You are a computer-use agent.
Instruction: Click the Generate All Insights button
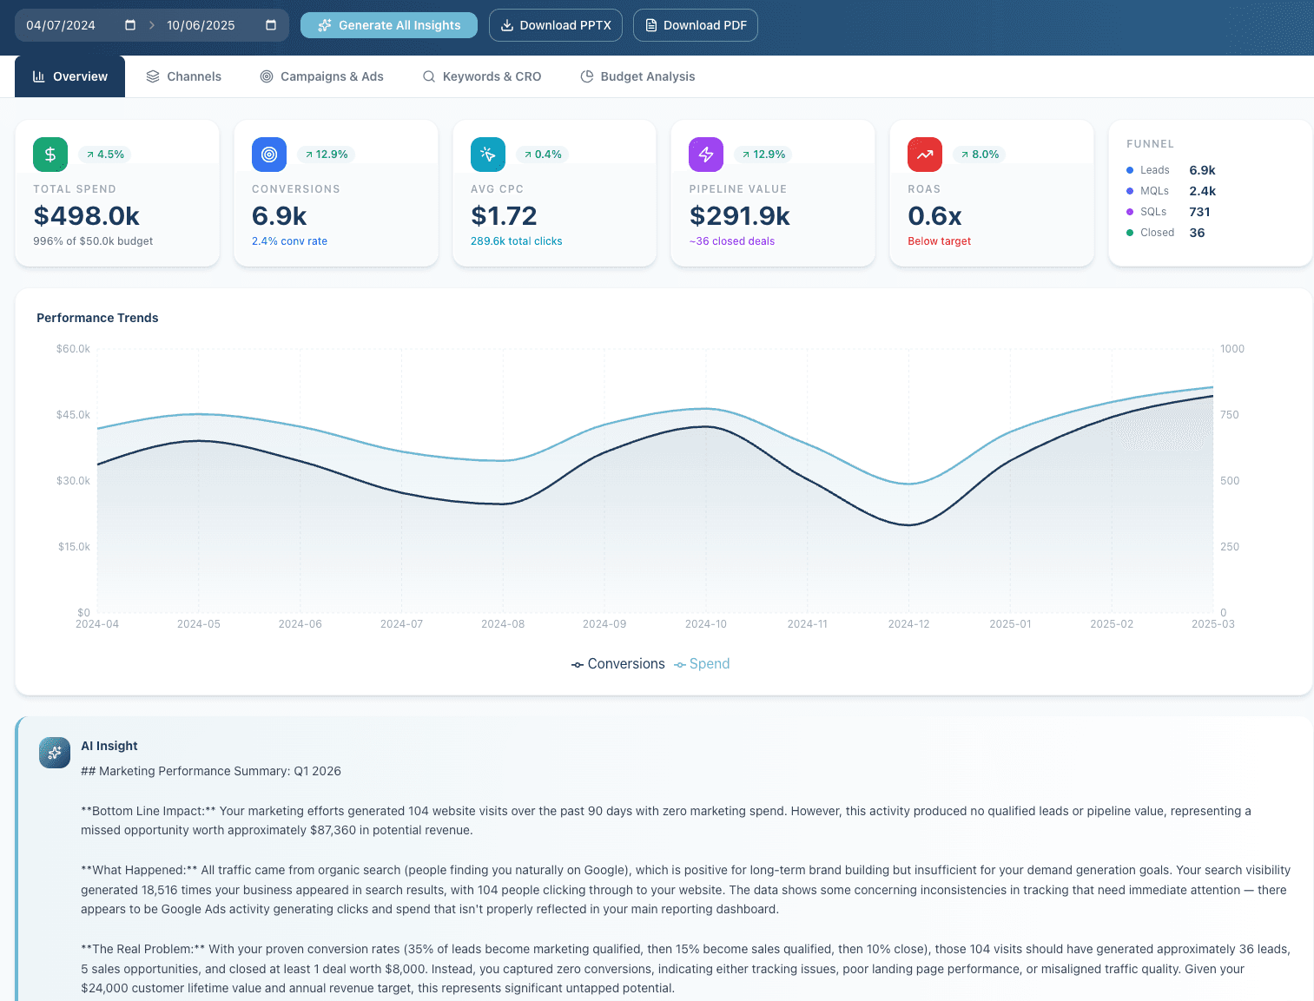pos(389,25)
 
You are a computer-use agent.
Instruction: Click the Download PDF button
pos(695,25)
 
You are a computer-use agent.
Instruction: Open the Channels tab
pos(183,76)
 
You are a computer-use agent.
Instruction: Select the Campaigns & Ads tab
pos(321,76)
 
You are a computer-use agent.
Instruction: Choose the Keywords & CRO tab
pos(481,76)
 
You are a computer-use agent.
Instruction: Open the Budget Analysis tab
pos(637,76)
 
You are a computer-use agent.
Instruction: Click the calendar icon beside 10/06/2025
pos(271,25)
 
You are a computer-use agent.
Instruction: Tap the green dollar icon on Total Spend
pos(50,155)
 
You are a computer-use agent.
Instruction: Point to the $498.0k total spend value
pos(87,215)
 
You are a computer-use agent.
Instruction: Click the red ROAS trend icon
pos(925,155)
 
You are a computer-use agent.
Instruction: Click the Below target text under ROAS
pos(939,241)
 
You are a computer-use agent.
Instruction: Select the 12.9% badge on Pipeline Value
pos(763,155)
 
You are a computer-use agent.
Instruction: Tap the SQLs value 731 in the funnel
pos(1199,212)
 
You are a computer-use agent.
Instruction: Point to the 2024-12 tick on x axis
pos(908,624)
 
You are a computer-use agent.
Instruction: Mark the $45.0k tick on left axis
pos(73,415)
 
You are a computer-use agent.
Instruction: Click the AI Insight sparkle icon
pos(55,753)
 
